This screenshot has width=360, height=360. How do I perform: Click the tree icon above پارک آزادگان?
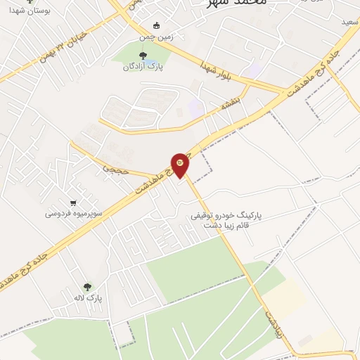tap(143, 56)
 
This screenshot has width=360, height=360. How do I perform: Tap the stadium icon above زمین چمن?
tap(156, 25)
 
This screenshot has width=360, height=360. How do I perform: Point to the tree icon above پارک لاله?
tap(87, 287)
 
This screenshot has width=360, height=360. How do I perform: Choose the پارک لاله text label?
tap(89, 298)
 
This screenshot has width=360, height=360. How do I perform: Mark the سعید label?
tap(349, 23)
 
